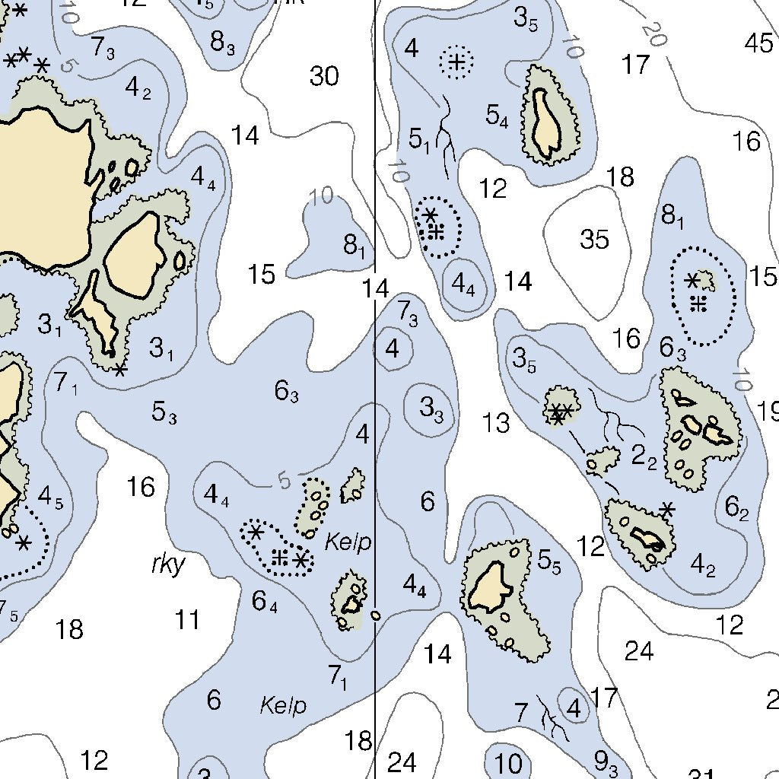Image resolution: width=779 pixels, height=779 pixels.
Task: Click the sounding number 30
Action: point(324,76)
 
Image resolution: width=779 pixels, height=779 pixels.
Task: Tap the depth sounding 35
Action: point(594,239)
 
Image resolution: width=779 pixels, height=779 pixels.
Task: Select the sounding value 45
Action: point(758,43)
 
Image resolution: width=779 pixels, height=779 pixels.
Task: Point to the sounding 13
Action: point(496,422)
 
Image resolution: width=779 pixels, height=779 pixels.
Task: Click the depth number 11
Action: point(187,620)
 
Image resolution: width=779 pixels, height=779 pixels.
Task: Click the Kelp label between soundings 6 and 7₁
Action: point(283,705)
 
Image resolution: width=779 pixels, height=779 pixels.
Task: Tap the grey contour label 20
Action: point(653,33)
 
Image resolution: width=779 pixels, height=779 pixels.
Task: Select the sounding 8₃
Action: point(221,43)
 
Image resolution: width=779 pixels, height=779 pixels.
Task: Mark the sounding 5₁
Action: point(420,140)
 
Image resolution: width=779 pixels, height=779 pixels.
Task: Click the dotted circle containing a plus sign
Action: point(456,62)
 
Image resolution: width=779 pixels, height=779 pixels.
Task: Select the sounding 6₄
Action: point(265,602)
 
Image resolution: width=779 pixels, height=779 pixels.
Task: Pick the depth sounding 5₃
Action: point(164,413)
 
